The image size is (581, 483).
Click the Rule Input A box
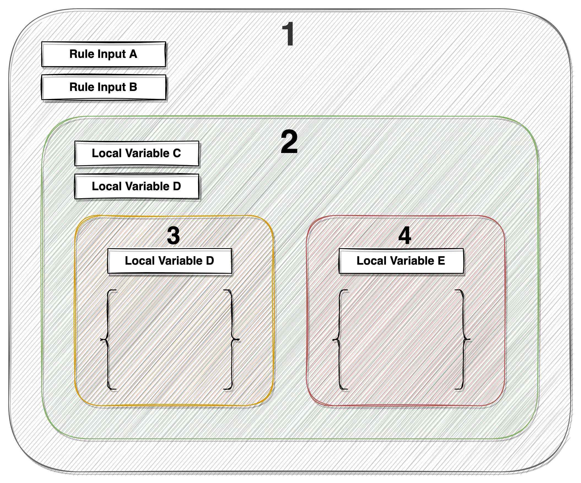pos(104,54)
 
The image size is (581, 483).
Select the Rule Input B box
pos(104,87)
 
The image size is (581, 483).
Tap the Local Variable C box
pos(137,154)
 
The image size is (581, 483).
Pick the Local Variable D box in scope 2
pos(137,186)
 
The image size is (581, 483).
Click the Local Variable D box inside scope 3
pos(169,261)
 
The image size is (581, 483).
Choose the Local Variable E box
pos(401,261)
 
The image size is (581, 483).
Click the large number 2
pos(289,142)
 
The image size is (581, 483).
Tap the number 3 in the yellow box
pos(174,236)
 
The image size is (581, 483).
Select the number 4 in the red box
pos(404,236)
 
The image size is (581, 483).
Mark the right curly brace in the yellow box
pos(232,339)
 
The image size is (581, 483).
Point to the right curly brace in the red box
pos(463,339)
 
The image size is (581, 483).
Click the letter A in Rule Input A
pos(133,54)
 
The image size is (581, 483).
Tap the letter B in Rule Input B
pos(133,87)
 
